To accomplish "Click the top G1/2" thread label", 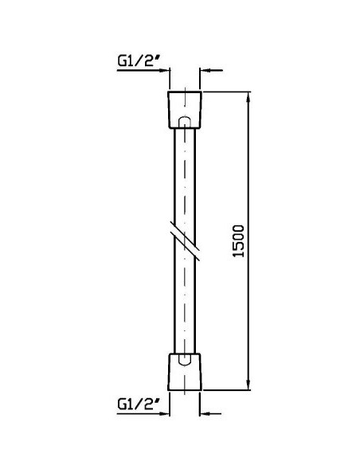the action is click(x=139, y=61).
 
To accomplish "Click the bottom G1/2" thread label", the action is click(x=139, y=404).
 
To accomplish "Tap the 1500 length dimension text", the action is click(x=238, y=241).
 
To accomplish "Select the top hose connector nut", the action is click(x=185, y=110).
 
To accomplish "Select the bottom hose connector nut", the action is click(x=185, y=372).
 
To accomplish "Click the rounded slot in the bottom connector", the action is click(x=185, y=360).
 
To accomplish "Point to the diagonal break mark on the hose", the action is click(x=185, y=240).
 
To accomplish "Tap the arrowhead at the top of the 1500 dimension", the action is click(x=248, y=97).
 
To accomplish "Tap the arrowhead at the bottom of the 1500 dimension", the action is click(x=248, y=385).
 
